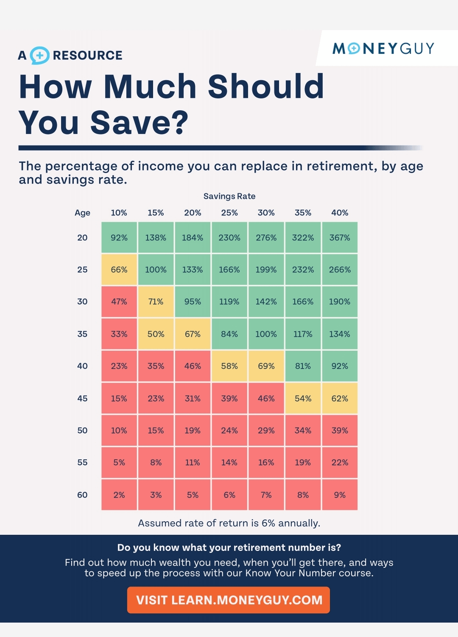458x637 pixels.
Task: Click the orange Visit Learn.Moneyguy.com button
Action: point(229,600)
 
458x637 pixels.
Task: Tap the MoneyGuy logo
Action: point(383,48)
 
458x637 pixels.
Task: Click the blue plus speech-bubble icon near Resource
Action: point(40,55)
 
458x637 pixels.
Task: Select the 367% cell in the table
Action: point(340,237)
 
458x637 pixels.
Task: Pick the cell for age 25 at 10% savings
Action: point(119,270)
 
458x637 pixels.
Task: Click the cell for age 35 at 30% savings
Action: point(266,334)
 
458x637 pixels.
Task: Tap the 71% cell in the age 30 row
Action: point(156,302)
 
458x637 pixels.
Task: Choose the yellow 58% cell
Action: point(229,366)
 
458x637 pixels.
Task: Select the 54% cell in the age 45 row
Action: point(303,398)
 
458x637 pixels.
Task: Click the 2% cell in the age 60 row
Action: point(119,495)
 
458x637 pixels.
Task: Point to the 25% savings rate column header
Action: point(229,212)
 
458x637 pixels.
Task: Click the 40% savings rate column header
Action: point(340,212)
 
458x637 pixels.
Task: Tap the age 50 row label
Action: point(82,430)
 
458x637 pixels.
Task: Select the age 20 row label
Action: point(82,237)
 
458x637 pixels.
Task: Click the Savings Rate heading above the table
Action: point(229,196)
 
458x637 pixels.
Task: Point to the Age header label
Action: point(82,212)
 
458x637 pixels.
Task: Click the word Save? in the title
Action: point(140,123)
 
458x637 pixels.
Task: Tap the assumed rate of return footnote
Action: point(229,523)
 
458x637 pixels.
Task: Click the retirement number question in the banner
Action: point(229,548)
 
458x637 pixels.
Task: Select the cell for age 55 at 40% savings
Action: point(340,462)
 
